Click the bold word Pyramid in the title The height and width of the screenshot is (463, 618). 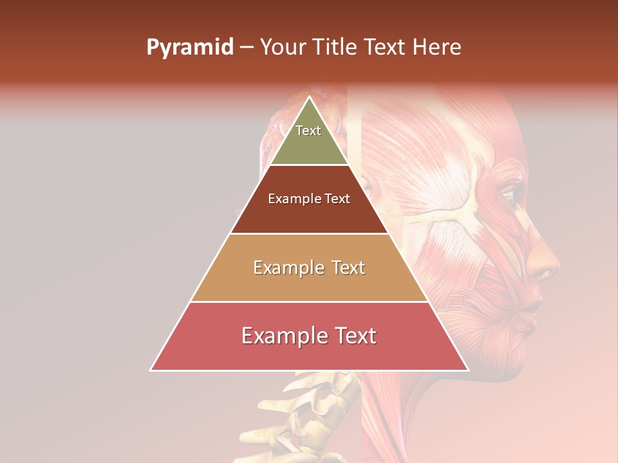(189, 48)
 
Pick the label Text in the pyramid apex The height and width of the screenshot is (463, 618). (308, 131)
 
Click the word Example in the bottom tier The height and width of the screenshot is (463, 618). (284, 336)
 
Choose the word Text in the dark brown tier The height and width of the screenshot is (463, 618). (337, 199)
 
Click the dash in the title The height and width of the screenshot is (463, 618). (247, 48)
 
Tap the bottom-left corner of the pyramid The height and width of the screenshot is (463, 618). (151, 370)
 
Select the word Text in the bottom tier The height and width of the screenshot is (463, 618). (353, 336)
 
